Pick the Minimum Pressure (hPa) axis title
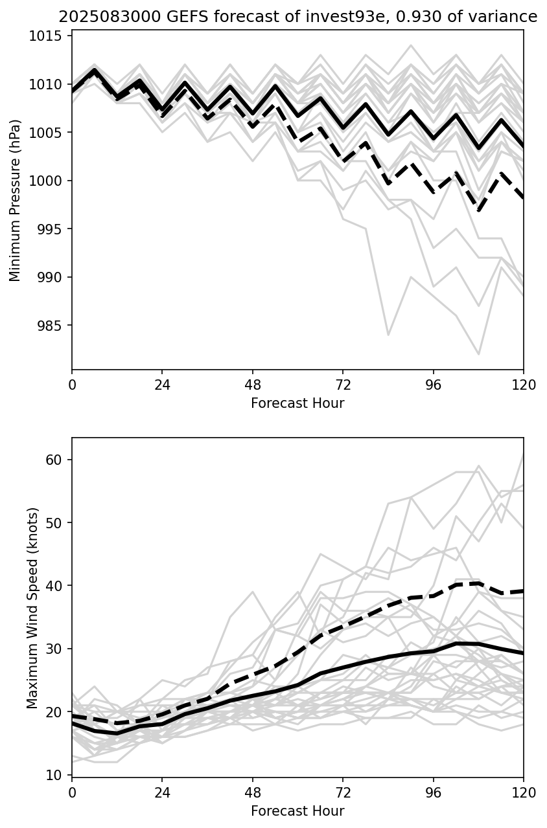pos(16,201)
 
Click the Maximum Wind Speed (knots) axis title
pos(32,607)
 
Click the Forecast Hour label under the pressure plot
pos(297,403)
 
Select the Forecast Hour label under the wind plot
pos(297,811)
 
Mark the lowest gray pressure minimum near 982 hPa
pos(479,354)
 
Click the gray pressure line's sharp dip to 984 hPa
pos(388,335)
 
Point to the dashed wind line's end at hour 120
pos(522,591)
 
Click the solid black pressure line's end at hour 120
pos(522,147)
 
